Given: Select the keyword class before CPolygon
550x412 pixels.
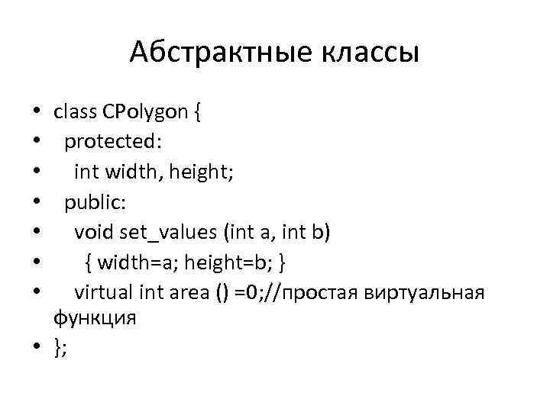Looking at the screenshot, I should coord(74,112).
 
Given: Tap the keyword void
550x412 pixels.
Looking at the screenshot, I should coord(92,232).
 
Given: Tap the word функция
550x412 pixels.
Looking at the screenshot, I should coord(95,317).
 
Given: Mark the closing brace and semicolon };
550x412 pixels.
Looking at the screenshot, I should coord(60,347).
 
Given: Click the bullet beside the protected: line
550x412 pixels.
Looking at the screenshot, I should coord(37,143).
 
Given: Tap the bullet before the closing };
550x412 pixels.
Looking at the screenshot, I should coord(37,348).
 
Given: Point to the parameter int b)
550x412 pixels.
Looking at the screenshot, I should coord(309,232).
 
